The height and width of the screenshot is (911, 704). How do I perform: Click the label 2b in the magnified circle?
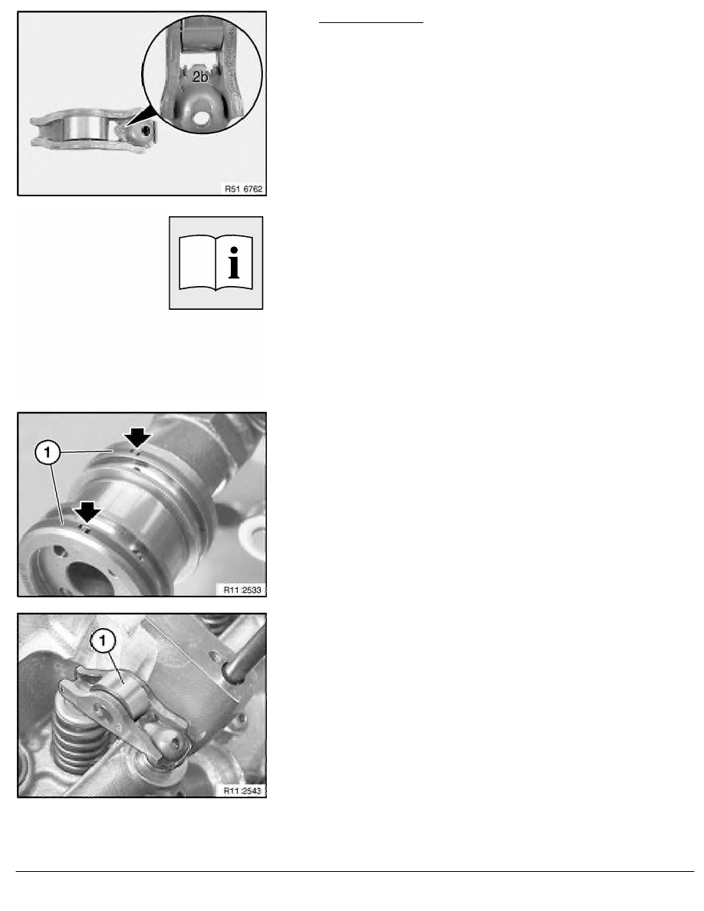(x=199, y=77)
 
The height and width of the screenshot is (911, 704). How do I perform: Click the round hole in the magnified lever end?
(x=202, y=119)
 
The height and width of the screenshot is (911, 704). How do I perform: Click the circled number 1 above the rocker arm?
(x=103, y=638)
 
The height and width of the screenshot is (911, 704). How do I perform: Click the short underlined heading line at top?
(x=371, y=23)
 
